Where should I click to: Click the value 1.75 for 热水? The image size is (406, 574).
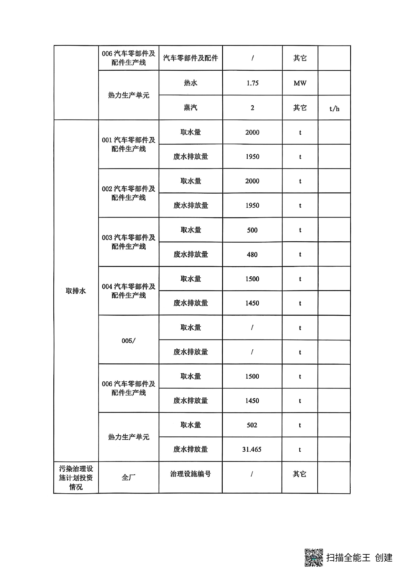[x=252, y=83]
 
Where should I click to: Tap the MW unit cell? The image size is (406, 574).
[x=300, y=83]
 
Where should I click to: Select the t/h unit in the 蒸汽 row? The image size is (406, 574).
[x=334, y=109]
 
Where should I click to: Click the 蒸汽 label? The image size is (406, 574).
[x=191, y=108]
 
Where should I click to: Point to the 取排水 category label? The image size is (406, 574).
[x=76, y=291]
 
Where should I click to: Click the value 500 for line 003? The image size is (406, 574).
[x=252, y=230]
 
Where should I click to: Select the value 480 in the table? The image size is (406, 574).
[x=252, y=254]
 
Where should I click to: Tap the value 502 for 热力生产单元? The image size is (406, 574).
[x=252, y=425]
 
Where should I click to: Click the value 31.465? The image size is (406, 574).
[x=252, y=449]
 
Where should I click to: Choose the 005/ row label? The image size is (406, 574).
[x=128, y=340]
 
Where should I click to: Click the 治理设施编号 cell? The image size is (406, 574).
[x=191, y=474]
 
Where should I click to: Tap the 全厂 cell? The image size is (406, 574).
[x=128, y=478]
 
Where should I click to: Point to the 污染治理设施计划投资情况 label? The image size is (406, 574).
[x=76, y=478]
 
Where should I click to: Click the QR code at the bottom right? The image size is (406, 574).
[x=314, y=557]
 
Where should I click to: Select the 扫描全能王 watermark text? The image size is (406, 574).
[x=348, y=557]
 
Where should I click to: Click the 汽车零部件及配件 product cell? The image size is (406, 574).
[x=191, y=58]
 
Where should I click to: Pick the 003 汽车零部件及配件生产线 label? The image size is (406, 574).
[x=128, y=242]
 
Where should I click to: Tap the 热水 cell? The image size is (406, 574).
[x=191, y=83]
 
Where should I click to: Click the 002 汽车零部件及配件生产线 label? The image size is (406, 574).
[x=128, y=193]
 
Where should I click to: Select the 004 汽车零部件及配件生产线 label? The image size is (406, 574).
[x=128, y=291]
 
